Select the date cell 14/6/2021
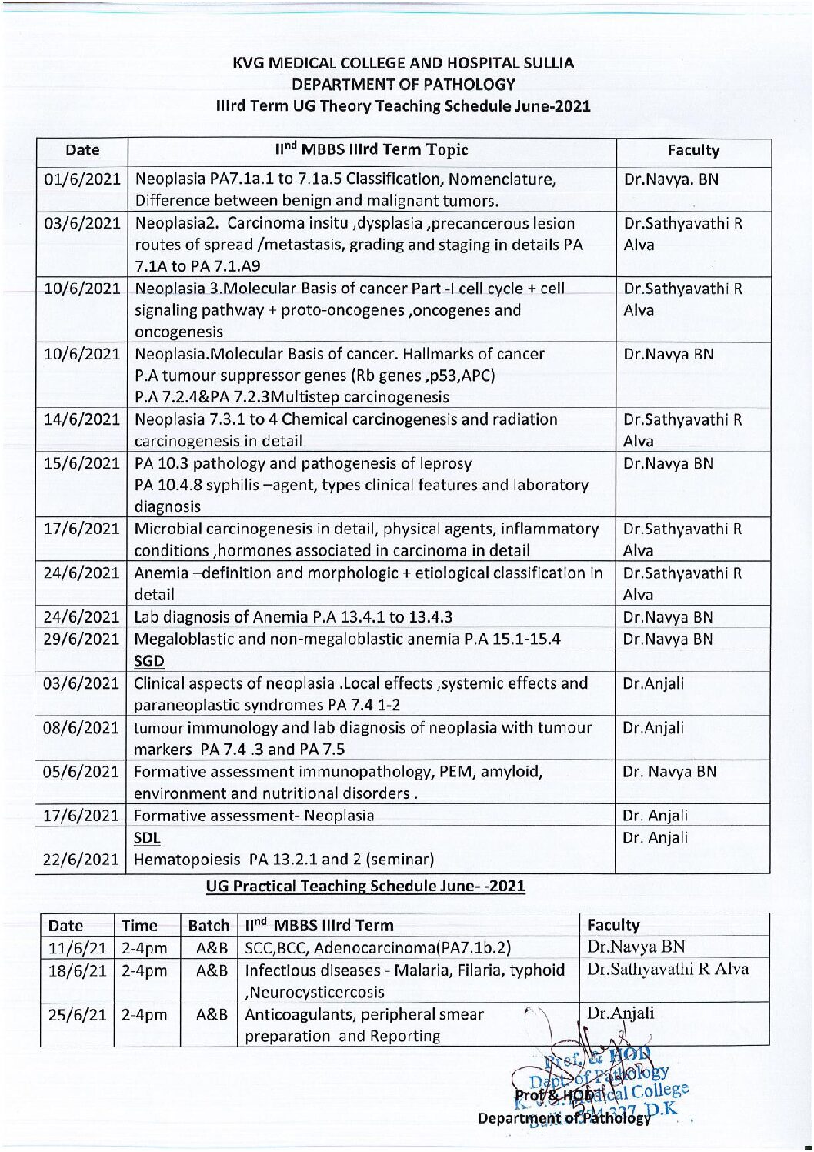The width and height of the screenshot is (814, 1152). pyautogui.click(x=82, y=420)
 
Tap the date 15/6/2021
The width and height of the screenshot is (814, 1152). pyautogui.click(x=82, y=464)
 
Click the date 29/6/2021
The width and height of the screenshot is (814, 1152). pyautogui.click(x=82, y=639)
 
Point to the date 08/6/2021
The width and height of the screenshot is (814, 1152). pyautogui.click(x=82, y=728)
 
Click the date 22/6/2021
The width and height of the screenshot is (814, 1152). pyautogui.click(x=82, y=860)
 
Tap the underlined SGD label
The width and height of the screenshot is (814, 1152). pyautogui.click(x=148, y=661)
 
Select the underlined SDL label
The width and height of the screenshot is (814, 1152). pyautogui.click(x=147, y=838)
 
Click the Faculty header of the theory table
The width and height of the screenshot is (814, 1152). pyautogui.click(x=692, y=151)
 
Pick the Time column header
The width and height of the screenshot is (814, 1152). pyautogui.click(x=139, y=926)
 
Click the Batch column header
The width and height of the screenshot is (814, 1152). pyautogui.click(x=209, y=926)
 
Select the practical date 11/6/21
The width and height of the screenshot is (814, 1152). pyautogui.click(x=78, y=948)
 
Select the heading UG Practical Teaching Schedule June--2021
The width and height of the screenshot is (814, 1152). pyautogui.click(x=365, y=886)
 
